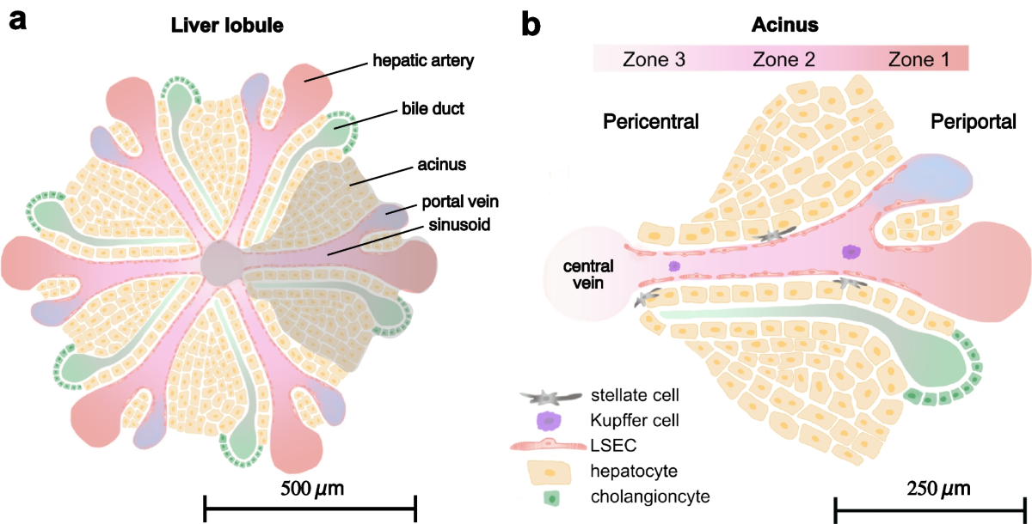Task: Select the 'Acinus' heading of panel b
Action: point(782,25)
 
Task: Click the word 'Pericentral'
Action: point(650,122)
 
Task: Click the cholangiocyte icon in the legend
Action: point(550,497)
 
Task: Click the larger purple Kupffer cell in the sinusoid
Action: point(851,251)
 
